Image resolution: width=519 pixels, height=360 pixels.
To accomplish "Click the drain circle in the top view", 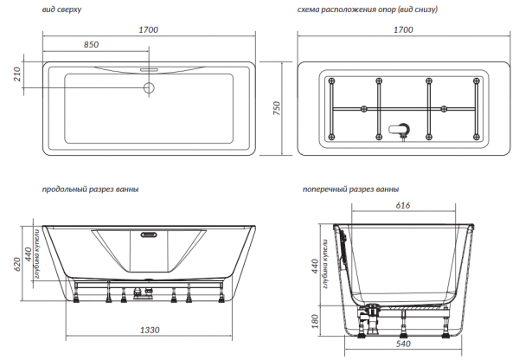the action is pyautogui.click(x=149, y=87).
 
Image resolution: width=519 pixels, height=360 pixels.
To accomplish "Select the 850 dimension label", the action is pyautogui.click(x=91, y=44).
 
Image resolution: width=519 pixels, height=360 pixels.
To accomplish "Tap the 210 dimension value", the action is pyautogui.click(x=17, y=74).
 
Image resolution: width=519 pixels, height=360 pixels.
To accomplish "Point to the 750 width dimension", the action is pyautogui.click(x=277, y=108).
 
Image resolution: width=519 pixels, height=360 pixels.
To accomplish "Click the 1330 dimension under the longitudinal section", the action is pyautogui.click(x=150, y=330).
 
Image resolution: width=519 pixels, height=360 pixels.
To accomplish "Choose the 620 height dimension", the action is pyautogui.click(x=17, y=264).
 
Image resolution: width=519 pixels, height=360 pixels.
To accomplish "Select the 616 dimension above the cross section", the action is pyautogui.click(x=403, y=205).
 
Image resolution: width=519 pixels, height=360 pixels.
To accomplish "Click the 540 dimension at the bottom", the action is pyautogui.click(x=403, y=344).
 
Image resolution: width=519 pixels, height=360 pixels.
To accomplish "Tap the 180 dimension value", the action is pyautogui.click(x=315, y=321).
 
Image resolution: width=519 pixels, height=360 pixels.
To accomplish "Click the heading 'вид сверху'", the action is pyautogui.click(x=61, y=10).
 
